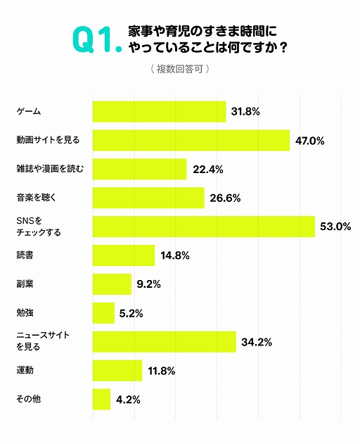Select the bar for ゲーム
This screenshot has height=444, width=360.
point(159,111)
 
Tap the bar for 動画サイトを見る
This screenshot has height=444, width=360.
point(191,140)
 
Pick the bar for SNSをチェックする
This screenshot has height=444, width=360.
point(203,227)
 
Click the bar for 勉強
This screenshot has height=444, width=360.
point(103,313)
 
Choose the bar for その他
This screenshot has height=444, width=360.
point(101,400)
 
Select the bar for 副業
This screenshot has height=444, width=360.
point(112,284)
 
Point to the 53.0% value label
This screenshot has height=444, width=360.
point(335,227)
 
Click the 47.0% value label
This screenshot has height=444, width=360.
point(309,141)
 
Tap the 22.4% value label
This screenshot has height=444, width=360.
point(207,170)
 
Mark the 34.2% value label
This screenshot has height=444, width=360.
point(257,343)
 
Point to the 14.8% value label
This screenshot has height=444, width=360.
point(175,256)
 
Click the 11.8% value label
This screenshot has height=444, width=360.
point(162,371)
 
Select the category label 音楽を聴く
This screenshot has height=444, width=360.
point(36,198)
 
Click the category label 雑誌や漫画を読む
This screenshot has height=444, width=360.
point(49,169)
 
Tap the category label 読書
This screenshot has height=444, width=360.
point(25,255)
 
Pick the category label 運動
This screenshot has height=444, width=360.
point(25,370)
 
